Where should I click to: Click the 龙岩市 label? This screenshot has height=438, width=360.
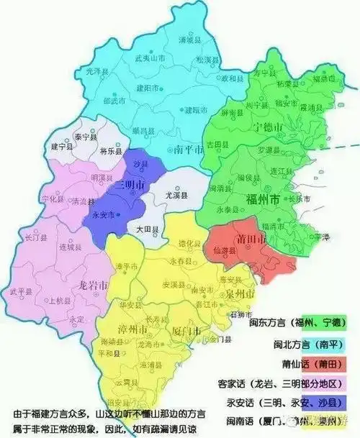click(91, 286)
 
